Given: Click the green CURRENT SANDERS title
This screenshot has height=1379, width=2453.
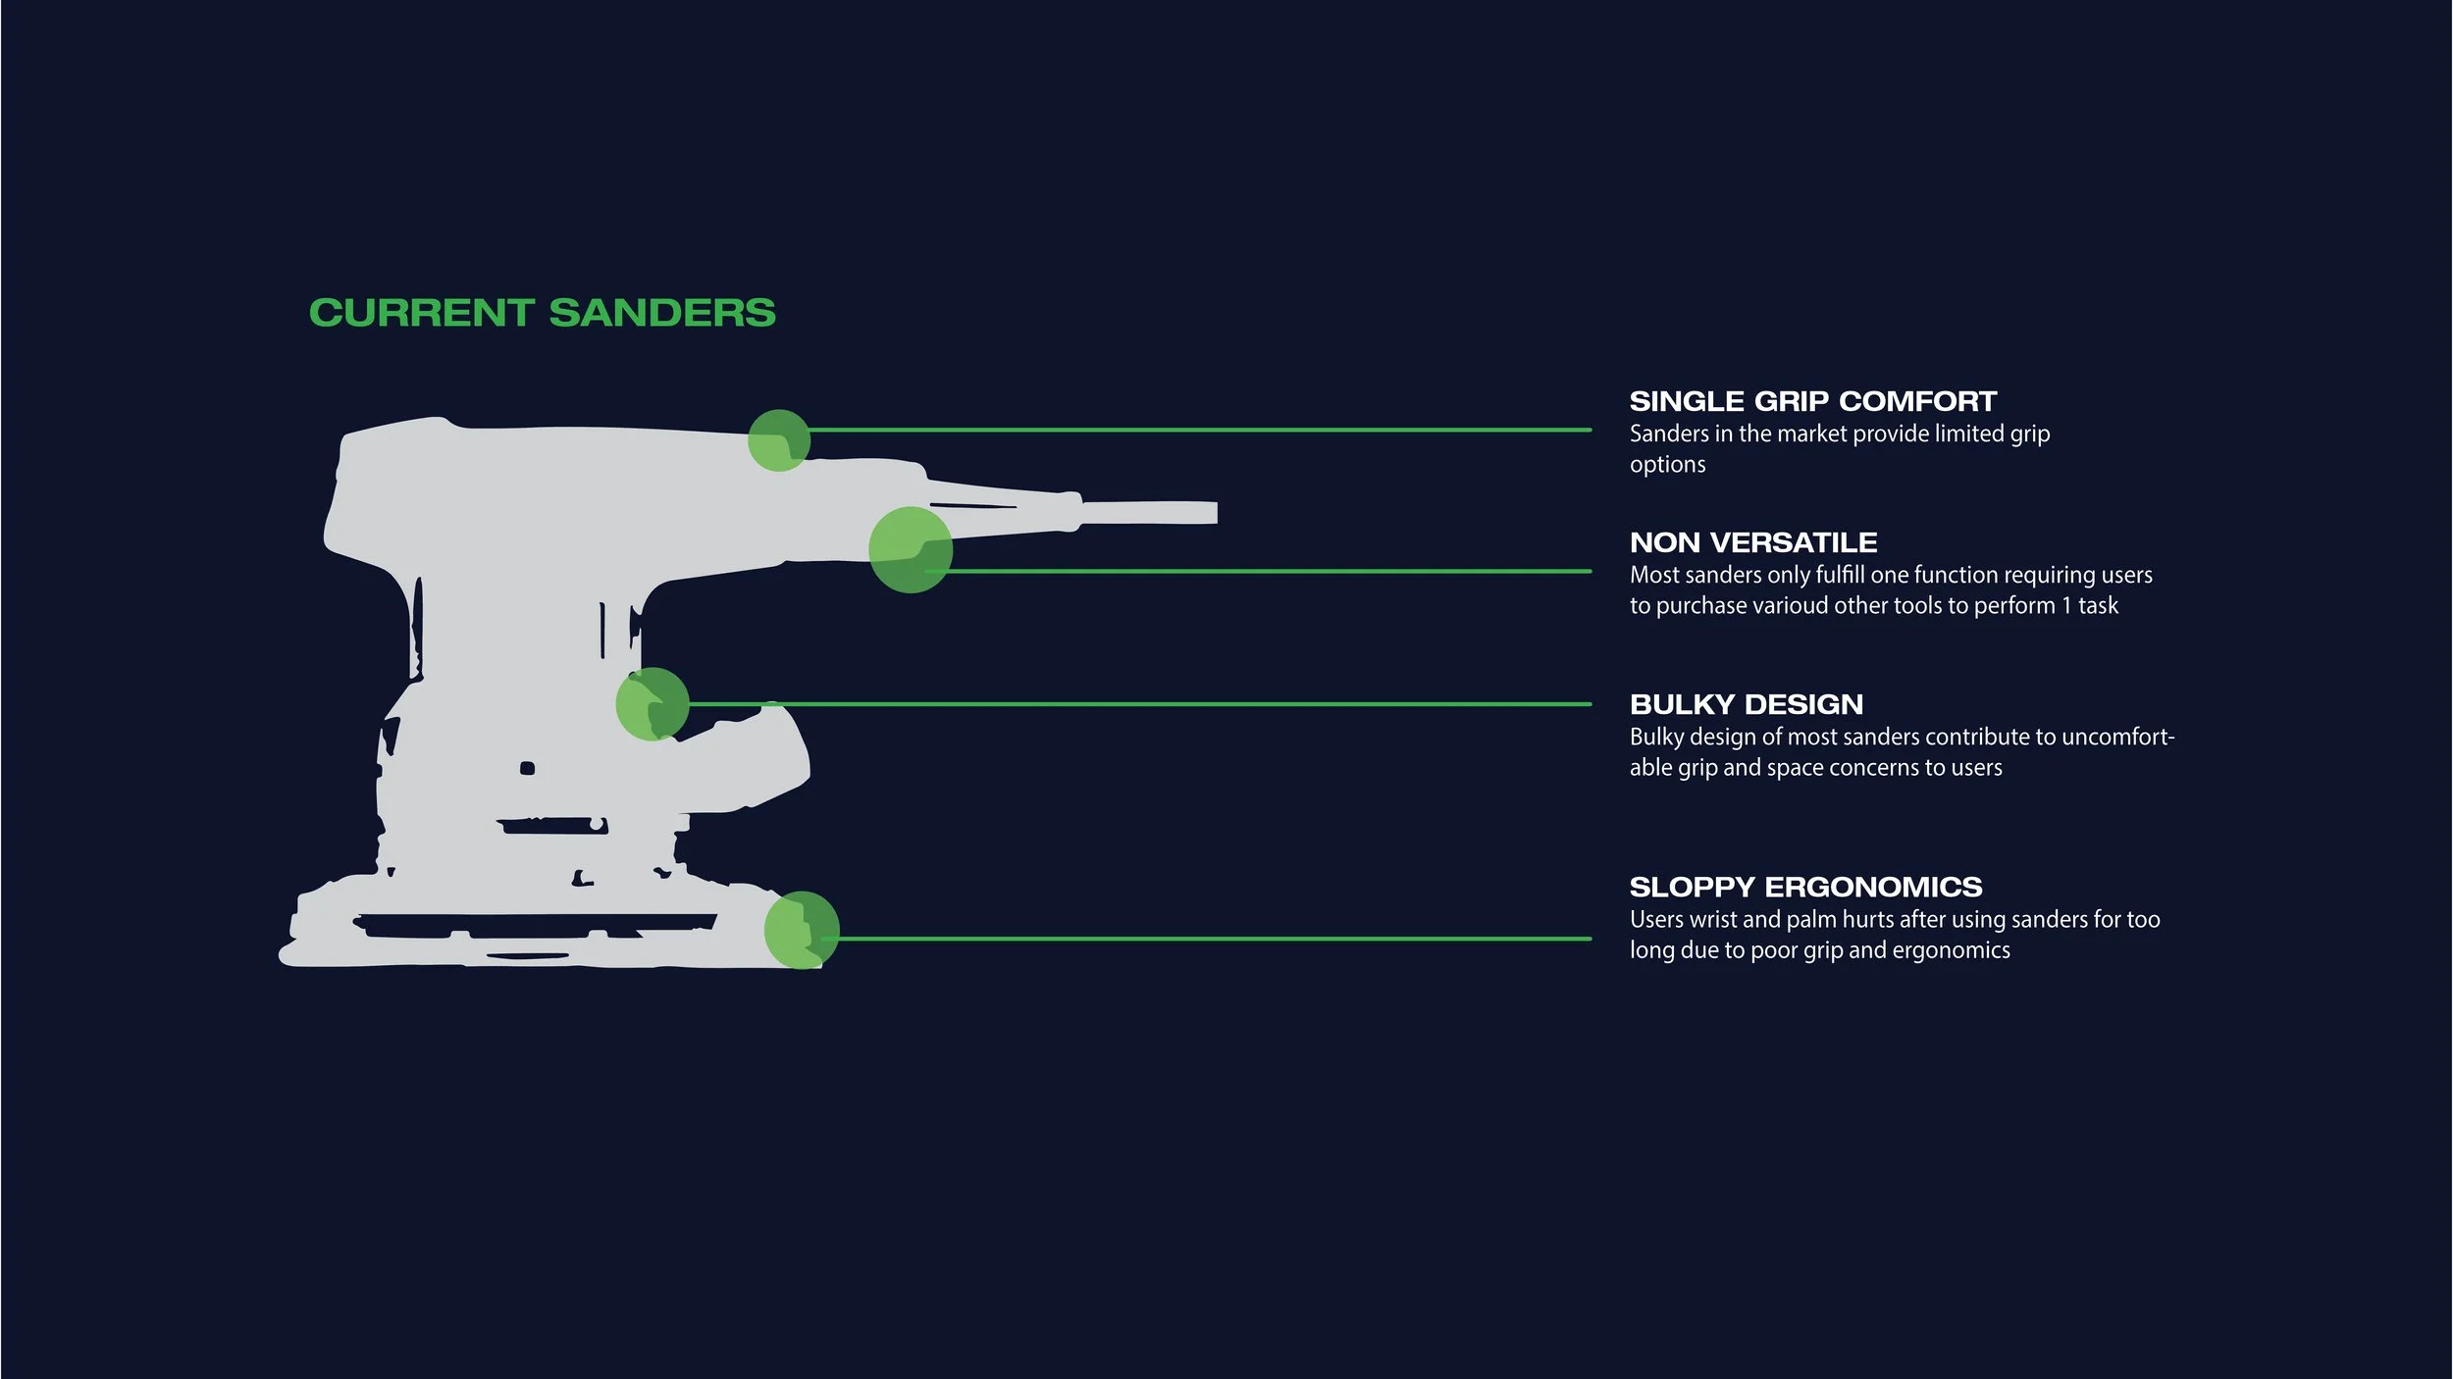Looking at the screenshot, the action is (x=542, y=313).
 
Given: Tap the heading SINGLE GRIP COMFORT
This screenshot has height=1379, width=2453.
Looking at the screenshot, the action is (x=1812, y=401).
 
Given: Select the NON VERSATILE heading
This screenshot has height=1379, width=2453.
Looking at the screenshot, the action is (x=1752, y=542).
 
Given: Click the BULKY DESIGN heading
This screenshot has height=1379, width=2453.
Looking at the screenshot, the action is (x=1746, y=704).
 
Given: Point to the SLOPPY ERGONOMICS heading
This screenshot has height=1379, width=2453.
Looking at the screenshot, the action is (x=1805, y=887).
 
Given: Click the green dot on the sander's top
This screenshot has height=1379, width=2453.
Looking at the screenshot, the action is (x=779, y=440).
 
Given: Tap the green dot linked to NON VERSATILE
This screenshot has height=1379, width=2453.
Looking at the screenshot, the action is (x=911, y=549).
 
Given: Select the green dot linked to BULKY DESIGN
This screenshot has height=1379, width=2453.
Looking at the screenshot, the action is (x=652, y=704).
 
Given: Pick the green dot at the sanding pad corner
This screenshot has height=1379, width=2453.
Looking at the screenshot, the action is (x=802, y=930).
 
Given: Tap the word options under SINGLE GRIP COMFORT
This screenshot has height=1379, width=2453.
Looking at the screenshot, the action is (x=1667, y=465).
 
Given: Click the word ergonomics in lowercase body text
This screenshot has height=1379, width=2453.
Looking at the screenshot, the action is (x=1951, y=950).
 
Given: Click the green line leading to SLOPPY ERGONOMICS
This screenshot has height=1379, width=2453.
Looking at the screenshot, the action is (x=1207, y=939).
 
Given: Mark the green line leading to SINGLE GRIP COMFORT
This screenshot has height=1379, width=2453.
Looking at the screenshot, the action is (x=1197, y=430).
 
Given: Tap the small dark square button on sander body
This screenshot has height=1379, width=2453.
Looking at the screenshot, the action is (x=527, y=768).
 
